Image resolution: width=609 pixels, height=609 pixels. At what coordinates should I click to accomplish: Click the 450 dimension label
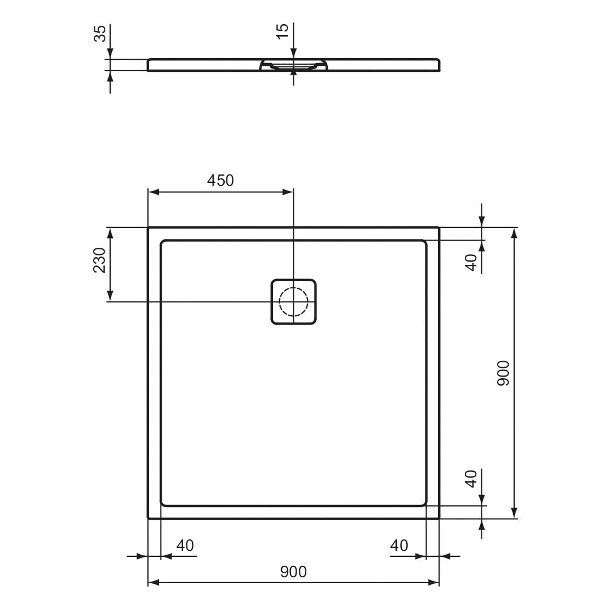point(220,180)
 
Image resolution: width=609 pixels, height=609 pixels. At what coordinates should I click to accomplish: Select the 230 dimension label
point(100,260)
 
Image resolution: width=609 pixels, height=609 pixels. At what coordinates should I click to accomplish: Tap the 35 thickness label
point(100,33)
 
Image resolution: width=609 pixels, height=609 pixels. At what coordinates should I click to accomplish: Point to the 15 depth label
point(283,31)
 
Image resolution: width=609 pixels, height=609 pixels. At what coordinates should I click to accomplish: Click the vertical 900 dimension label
point(503,373)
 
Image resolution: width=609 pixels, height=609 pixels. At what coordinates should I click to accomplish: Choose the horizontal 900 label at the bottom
point(293,572)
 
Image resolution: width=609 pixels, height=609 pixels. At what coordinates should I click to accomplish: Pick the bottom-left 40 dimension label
point(185,546)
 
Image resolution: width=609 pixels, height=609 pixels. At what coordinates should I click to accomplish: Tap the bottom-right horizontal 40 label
point(399,546)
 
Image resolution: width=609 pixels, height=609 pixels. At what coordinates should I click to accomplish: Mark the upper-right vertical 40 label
point(471,263)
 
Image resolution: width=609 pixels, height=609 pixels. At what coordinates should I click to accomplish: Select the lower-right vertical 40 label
point(471,479)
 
